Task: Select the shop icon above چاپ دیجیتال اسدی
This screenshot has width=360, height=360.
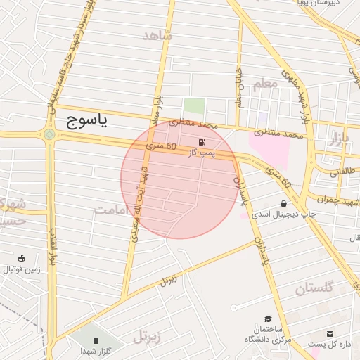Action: (x=283, y=203)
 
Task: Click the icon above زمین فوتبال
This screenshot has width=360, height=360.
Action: (x=22, y=258)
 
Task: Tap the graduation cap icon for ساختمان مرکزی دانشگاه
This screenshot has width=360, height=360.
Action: (x=267, y=319)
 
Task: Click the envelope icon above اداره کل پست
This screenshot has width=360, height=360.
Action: (x=330, y=334)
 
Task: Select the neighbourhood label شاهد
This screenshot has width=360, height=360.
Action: (x=157, y=35)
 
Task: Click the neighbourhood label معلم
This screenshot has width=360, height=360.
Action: (x=265, y=84)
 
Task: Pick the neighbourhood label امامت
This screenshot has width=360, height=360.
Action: (x=113, y=210)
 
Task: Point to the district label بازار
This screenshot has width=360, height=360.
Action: (x=339, y=139)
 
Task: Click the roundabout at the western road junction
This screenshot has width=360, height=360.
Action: (x=49, y=134)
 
